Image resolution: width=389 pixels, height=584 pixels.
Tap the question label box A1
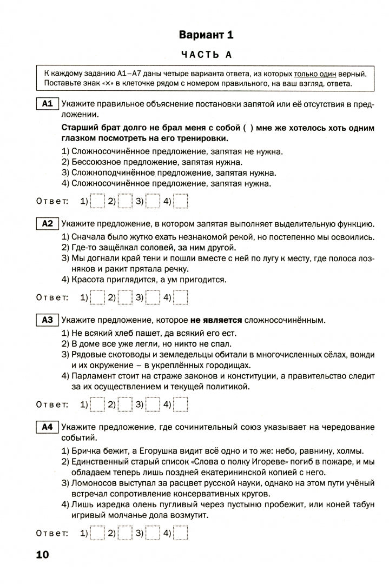(47, 104)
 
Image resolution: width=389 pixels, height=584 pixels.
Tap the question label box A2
(47, 223)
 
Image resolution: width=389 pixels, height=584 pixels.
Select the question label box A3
(47, 320)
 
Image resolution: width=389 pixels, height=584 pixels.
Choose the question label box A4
(47, 427)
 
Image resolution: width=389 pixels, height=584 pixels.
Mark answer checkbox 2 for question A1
(125, 201)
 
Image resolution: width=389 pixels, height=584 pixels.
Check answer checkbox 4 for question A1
(181, 201)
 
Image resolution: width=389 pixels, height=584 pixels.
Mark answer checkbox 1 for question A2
(97, 297)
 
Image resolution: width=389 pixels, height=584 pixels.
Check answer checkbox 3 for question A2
(153, 297)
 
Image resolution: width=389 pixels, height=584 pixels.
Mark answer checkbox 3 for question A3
(153, 404)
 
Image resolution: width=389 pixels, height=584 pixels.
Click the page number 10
(42, 555)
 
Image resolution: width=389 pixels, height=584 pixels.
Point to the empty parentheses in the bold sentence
(248, 128)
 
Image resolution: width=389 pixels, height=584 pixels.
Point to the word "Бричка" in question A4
(85, 450)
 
